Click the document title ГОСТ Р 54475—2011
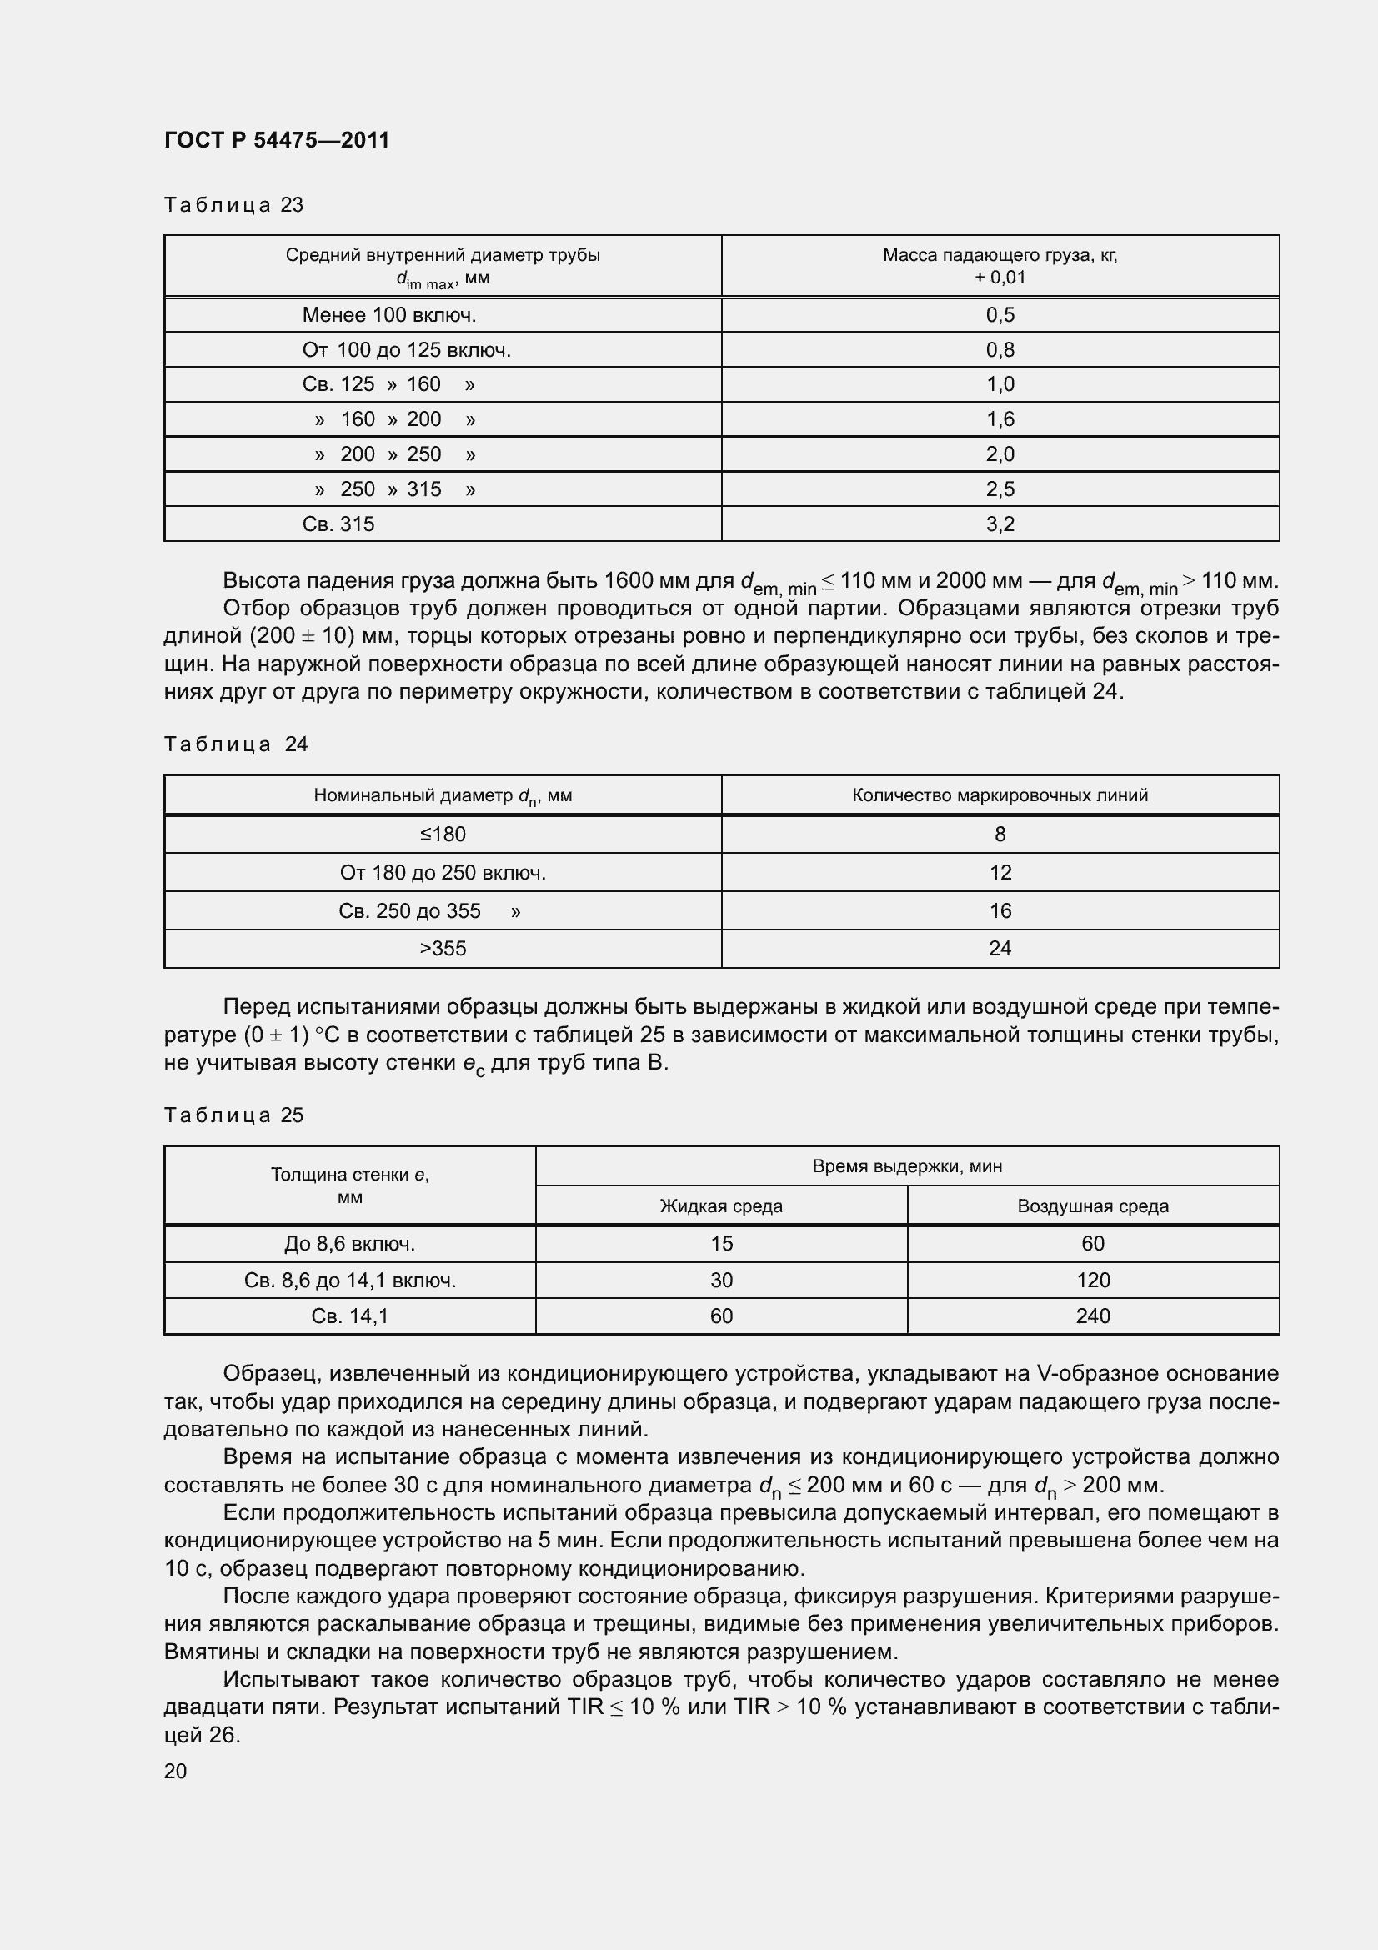coord(277,140)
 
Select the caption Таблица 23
coord(233,205)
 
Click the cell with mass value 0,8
coord(1000,350)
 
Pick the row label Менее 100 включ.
coord(388,315)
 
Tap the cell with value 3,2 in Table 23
coord(1000,524)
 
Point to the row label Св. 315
coord(338,524)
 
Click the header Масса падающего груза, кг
coord(1000,256)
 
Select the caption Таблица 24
coord(235,744)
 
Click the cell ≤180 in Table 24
coord(443,834)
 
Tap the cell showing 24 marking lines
coord(1000,949)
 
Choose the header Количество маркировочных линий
coord(1000,795)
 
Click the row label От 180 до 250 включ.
coord(443,872)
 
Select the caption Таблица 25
coord(233,1115)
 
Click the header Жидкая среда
coord(721,1206)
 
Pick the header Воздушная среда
coord(1093,1206)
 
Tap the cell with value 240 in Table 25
coord(1093,1316)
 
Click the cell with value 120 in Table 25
coord(1093,1280)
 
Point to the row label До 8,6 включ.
coord(350,1243)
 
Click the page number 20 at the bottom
coord(175,1771)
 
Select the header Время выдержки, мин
coord(907,1166)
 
